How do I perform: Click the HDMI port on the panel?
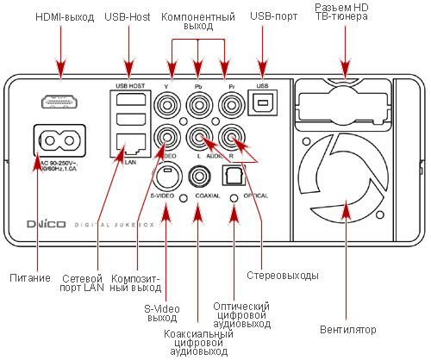pos(59,102)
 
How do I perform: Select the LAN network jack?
pos(125,144)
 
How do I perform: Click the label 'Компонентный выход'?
pos(197,22)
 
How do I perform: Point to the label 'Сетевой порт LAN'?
pos(83,282)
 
